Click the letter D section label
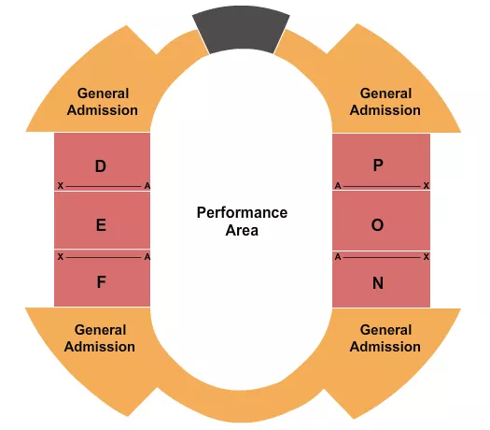point(101,166)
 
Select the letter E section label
point(101,224)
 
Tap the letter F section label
point(101,281)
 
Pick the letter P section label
point(378,165)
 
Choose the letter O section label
point(378,224)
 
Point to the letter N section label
point(378,281)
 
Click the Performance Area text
point(242,221)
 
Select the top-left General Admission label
point(103,102)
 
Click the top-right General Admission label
point(385,102)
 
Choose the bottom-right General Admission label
point(385,338)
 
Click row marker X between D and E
point(61,186)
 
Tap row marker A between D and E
point(147,186)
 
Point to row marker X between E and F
point(61,256)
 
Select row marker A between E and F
point(147,256)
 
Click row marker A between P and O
point(338,186)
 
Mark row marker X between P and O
point(426,186)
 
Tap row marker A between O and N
point(338,256)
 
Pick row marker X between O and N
point(426,256)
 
